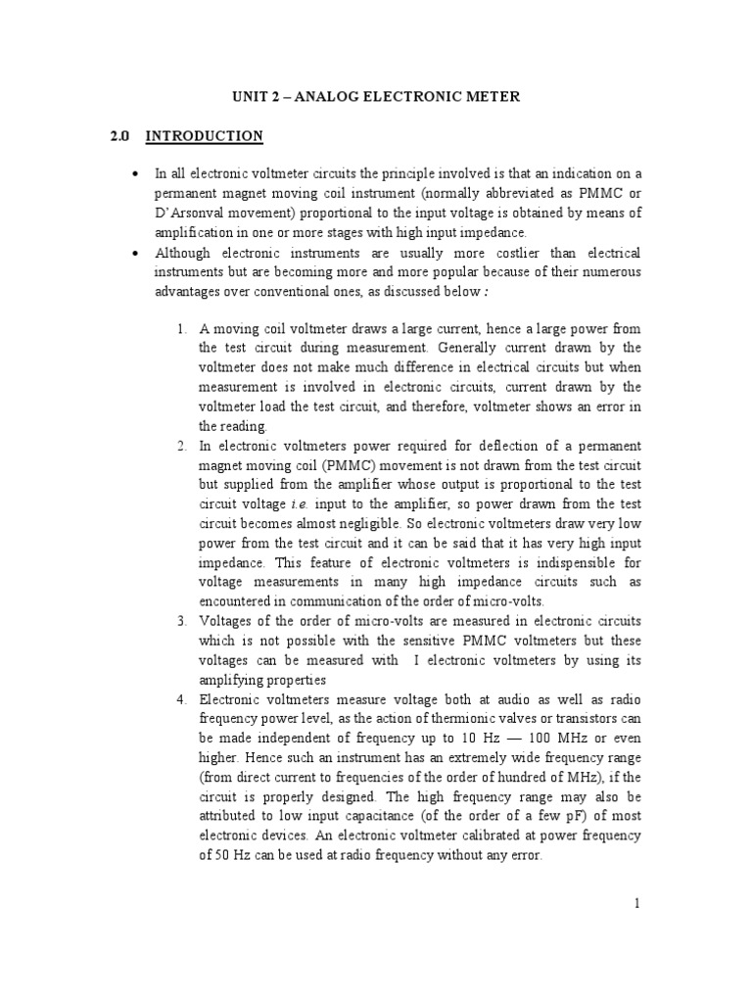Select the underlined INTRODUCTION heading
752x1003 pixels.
tap(204, 136)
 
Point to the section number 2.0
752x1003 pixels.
tap(120, 136)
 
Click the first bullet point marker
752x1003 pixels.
tap(133, 173)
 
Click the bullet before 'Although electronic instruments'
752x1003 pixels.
tap(133, 253)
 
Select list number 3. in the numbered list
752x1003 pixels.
tap(181, 621)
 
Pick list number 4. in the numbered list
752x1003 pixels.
tap(181, 699)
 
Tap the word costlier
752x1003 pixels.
tap(484, 253)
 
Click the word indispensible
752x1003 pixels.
tap(555, 562)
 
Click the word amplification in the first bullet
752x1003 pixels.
tap(195, 232)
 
